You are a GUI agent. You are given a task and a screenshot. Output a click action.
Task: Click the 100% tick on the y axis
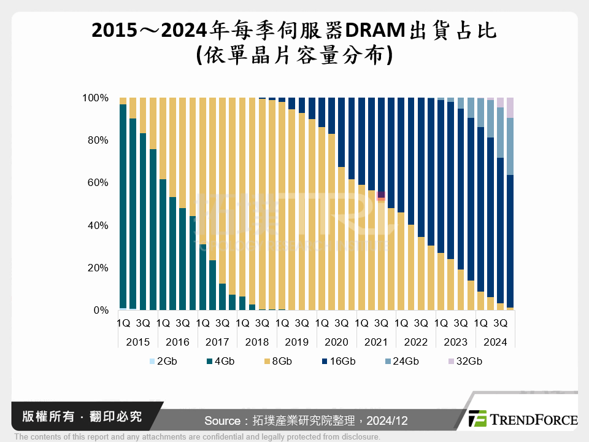[x=95, y=98]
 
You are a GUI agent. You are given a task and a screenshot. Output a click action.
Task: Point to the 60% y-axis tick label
[x=98, y=183]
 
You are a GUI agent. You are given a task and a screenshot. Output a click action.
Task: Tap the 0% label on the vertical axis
[x=100, y=311]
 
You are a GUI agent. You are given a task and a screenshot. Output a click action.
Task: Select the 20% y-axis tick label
[x=98, y=268]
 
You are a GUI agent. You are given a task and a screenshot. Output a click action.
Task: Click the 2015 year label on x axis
[x=137, y=342]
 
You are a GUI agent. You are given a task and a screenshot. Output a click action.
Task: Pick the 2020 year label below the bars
[x=336, y=342]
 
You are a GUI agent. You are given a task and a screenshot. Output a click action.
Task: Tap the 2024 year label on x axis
[x=495, y=342]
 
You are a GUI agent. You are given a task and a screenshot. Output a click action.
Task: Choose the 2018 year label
[x=256, y=342]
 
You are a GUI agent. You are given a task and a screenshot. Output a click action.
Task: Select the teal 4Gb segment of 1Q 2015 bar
[x=123, y=206]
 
